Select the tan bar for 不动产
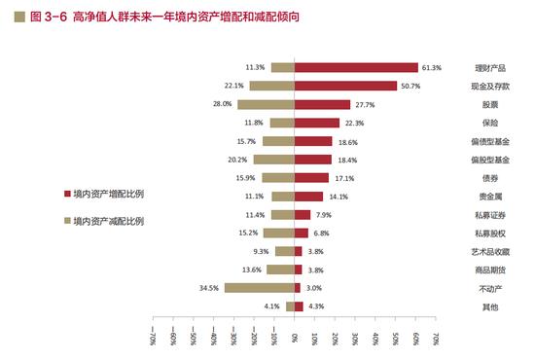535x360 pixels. pos(260,288)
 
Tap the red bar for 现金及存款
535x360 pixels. pos(345,86)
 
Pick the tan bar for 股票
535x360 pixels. pos(267,104)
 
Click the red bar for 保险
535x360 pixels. pos(317,123)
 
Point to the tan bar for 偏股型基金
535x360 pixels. pos(274,160)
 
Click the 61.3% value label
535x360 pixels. pos(432,67)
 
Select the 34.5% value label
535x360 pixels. pos(209,288)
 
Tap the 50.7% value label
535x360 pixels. pos(410,86)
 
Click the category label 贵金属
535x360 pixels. pos(484,197)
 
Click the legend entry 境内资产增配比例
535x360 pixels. pos(103,194)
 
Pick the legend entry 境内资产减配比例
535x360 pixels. pos(103,221)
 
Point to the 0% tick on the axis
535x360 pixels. pos(296,338)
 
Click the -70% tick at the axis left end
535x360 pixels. pos(154,340)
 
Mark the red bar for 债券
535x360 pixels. pos(311,178)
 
